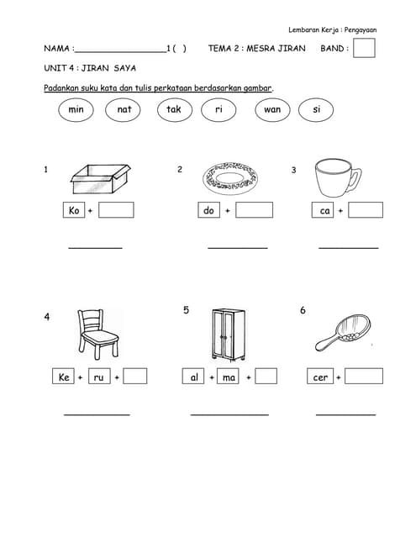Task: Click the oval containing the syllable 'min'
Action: [76, 109]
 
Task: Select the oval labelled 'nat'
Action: [124, 109]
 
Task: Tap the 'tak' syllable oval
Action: [173, 109]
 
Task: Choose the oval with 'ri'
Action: [219, 109]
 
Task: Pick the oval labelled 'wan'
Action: [271, 109]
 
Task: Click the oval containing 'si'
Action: [316, 109]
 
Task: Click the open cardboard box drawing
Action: [99, 179]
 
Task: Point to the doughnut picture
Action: [230, 178]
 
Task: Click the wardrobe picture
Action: [228, 334]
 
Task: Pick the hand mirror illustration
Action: [340, 336]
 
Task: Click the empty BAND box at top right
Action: [364, 48]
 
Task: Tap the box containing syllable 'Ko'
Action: [74, 210]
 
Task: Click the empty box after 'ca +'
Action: [366, 210]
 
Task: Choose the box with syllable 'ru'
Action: [98, 377]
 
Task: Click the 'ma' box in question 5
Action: [229, 377]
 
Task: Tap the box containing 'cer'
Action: [320, 377]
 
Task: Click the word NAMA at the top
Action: [58, 49]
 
